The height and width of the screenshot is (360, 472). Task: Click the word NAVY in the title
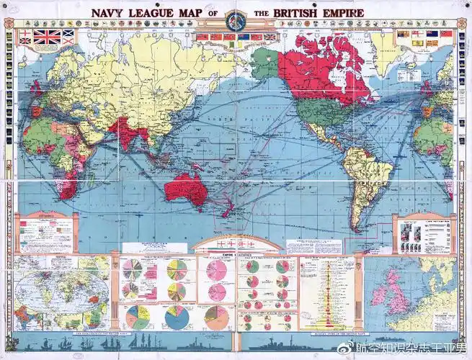pos(112,14)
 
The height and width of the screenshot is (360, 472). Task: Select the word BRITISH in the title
pos(298,14)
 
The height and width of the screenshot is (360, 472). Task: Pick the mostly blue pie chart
pos(177,316)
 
